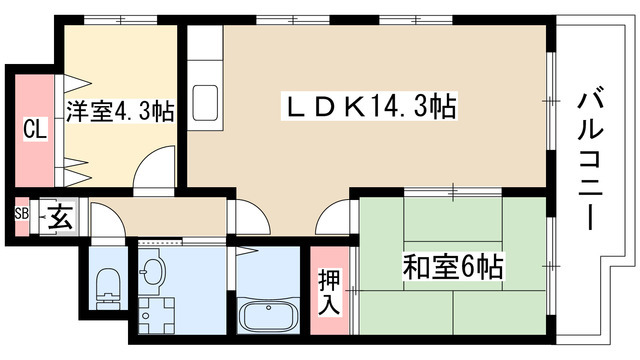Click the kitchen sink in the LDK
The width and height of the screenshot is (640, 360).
[205, 101]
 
